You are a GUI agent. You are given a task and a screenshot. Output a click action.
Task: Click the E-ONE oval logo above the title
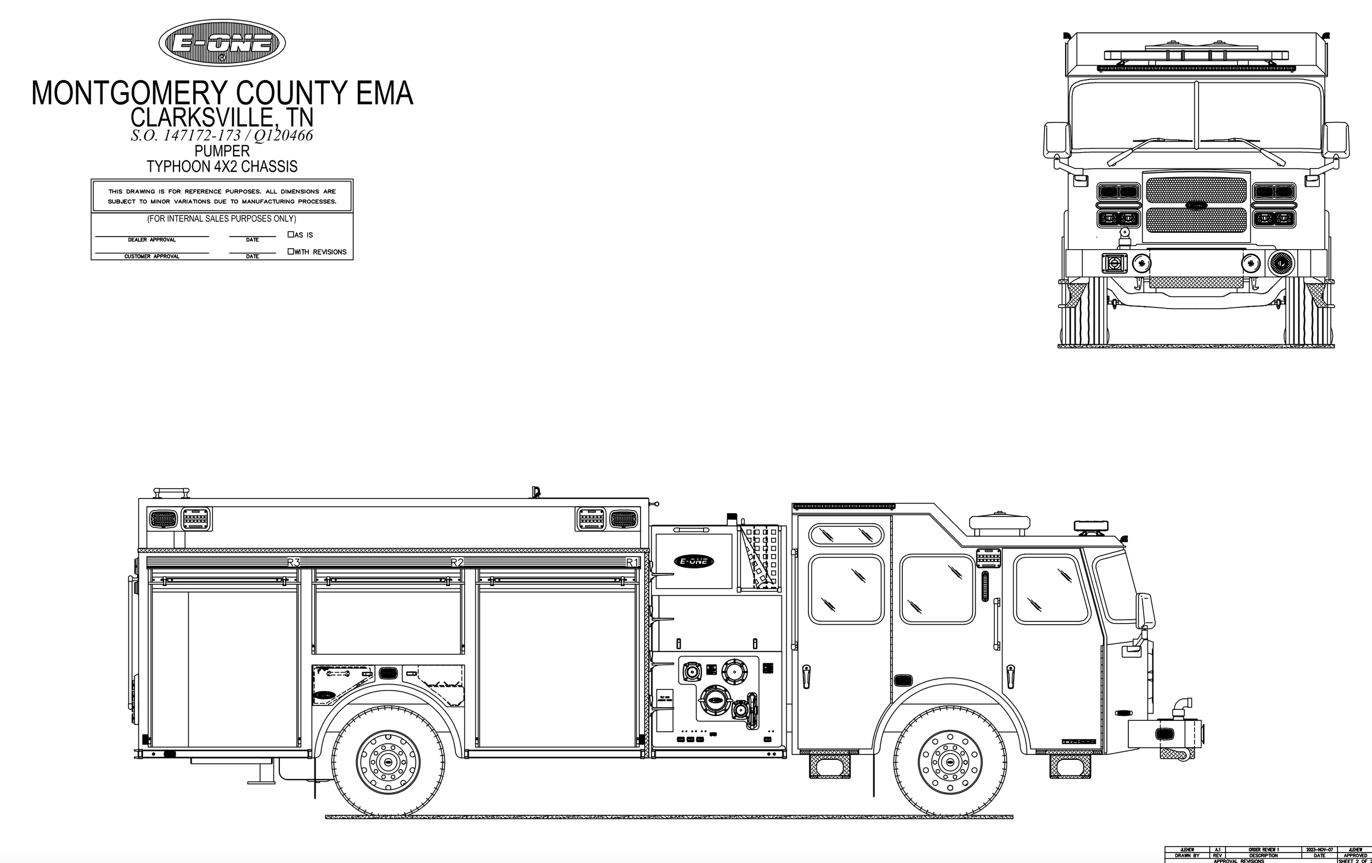click(222, 43)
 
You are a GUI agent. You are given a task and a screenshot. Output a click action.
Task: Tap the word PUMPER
click(222, 151)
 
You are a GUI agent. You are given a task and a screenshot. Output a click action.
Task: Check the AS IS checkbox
click(290, 234)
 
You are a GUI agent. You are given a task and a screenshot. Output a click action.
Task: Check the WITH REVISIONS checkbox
click(290, 251)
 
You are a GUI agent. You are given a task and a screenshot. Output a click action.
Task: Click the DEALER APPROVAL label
click(151, 240)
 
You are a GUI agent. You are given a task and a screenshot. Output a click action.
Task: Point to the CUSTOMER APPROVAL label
click(151, 256)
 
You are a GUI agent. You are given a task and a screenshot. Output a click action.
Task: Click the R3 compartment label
click(293, 563)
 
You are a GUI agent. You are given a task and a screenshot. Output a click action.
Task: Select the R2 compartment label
click(457, 563)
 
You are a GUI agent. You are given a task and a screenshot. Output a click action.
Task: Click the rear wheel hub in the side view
click(388, 761)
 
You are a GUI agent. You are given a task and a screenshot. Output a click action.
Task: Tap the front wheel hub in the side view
click(949, 761)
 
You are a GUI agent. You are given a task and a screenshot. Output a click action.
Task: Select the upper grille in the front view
click(1196, 190)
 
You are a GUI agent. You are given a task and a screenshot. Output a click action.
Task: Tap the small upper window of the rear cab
click(846, 535)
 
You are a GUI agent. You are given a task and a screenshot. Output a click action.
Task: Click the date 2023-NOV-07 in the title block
click(1319, 849)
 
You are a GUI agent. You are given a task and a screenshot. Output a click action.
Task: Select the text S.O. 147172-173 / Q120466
click(222, 136)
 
